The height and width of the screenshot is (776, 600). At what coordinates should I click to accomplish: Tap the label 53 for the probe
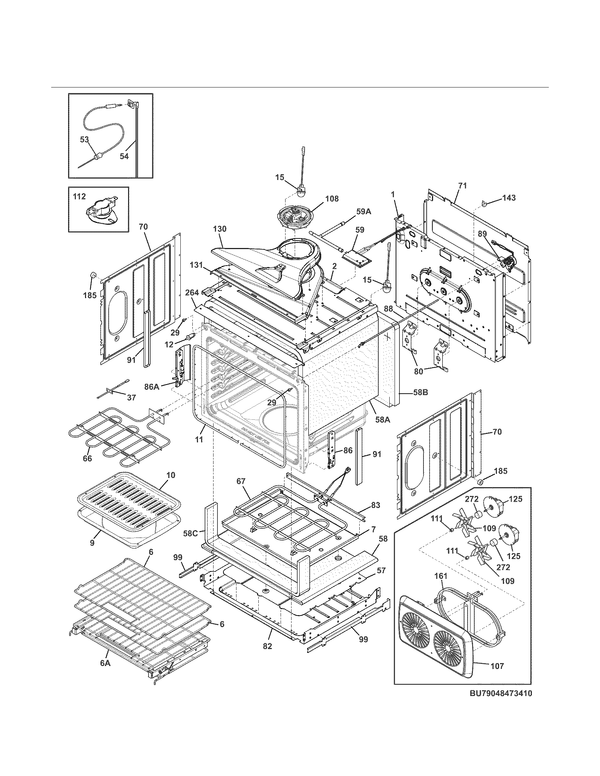click(x=84, y=140)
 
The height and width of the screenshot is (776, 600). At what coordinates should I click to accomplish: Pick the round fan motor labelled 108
click(x=294, y=221)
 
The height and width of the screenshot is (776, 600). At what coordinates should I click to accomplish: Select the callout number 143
click(x=509, y=198)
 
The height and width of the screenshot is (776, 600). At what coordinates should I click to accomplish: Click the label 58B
click(x=420, y=392)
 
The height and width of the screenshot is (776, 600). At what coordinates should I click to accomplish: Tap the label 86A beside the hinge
click(x=152, y=387)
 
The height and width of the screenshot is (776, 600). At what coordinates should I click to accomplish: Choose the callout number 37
click(x=131, y=398)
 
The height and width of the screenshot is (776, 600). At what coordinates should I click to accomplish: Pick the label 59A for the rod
click(x=363, y=211)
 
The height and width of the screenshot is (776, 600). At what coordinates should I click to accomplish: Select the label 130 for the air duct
click(x=220, y=229)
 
